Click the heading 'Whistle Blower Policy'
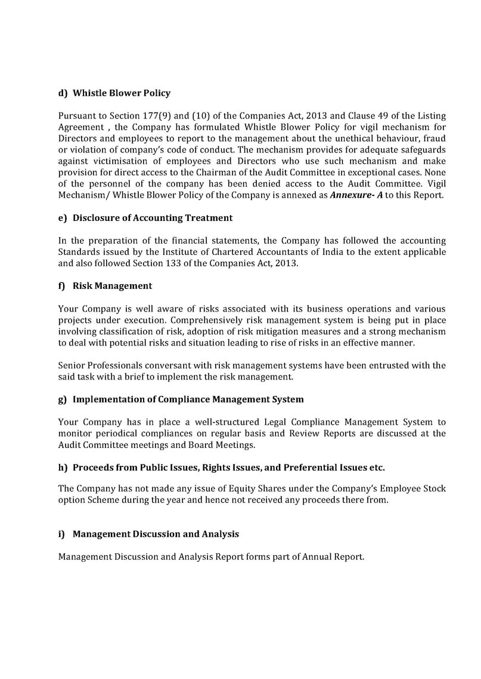tap(122, 93)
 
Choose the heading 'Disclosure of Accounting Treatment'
tap(153, 218)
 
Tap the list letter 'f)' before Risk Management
tap(61, 286)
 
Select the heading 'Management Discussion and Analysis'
tap(156, 534)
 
